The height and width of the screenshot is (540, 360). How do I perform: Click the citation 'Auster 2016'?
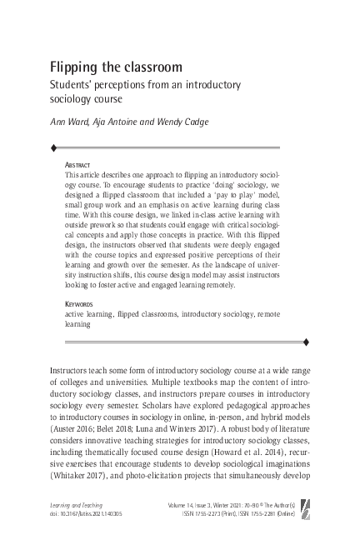74,422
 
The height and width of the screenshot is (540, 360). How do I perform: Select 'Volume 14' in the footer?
205,506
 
